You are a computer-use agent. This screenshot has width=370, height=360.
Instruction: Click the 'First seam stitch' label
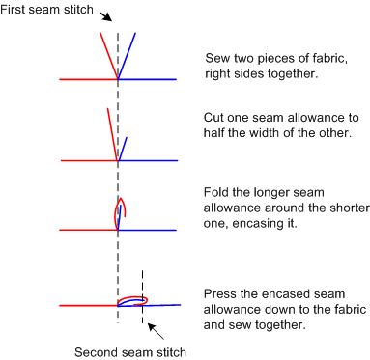pos(46,9)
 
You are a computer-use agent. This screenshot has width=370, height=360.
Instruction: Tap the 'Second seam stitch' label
pos(130,351)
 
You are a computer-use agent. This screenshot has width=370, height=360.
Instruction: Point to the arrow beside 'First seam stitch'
pos(105,16)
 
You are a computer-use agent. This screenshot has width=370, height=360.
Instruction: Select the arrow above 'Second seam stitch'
pos(156,331)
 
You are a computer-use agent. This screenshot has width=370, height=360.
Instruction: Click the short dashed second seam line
pos(142,296)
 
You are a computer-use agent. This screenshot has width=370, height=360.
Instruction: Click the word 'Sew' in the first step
pos(217,58)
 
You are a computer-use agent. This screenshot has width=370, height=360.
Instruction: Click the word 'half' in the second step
pos(214,132)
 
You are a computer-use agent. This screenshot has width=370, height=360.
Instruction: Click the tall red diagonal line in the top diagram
pos(109,55)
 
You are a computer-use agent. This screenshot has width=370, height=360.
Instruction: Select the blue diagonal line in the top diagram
pos(127,55)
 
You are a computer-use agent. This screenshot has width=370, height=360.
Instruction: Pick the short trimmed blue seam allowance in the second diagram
pos(123,149)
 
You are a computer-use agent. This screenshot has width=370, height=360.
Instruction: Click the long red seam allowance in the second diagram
pos(112,134)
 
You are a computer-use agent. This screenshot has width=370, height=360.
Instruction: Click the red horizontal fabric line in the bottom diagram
pos(89,306)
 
